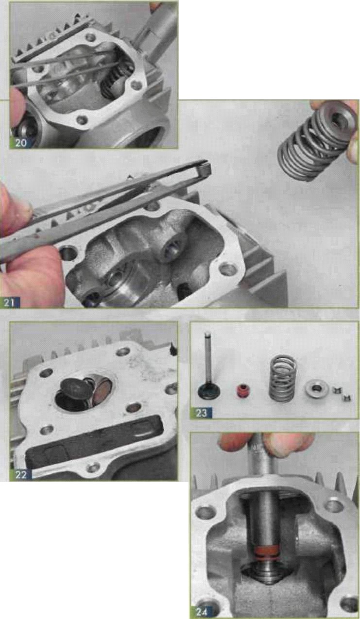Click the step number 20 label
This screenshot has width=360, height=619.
(21, 143)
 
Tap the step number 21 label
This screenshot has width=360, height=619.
(9, 302)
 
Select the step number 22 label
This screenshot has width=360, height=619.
(21, 474)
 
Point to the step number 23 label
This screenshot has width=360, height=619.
(202, 413)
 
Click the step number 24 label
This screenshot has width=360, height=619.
(202, 612)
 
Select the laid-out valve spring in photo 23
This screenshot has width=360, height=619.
(283, 378)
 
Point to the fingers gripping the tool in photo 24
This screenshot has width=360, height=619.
(265, 444)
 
